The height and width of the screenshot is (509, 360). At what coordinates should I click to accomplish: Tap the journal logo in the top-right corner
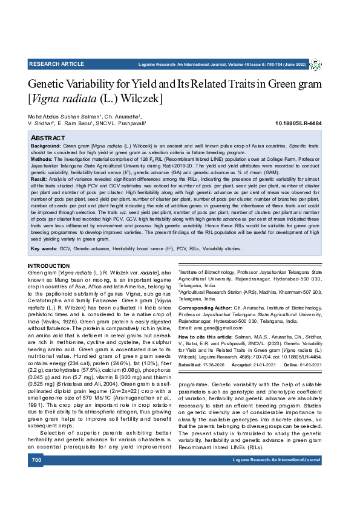click(x=315, y=64)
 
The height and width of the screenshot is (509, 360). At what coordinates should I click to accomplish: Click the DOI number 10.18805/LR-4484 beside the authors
click(x=298, y=123)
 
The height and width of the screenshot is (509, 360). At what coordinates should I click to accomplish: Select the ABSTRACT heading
click(x=48, y=138)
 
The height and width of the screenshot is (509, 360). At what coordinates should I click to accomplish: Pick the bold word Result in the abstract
click(x=39, y=180)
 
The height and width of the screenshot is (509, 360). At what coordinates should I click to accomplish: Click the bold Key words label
click(x=44, y=248)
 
